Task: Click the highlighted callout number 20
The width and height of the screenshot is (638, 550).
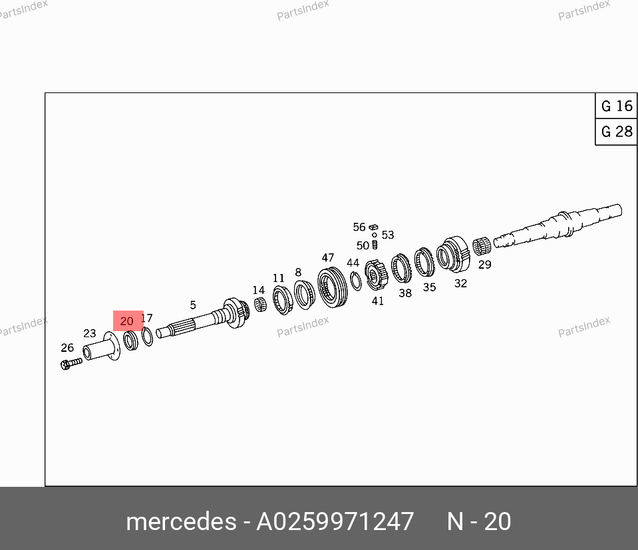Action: click(x=127, y=321)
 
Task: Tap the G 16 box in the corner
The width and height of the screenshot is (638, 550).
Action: click(x=616, y=106)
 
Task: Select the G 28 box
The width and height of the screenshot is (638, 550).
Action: click(x=616, y=132)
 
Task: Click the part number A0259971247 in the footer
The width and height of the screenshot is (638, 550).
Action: click(x=335, y=521)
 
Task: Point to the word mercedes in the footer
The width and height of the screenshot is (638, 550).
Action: click(x=181, y=521)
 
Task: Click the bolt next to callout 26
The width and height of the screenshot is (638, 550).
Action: click(x=71, y=363)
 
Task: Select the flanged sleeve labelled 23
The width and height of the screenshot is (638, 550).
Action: click(x=102, y=347)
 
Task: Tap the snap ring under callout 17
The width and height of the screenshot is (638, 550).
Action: click(x=147, y=337)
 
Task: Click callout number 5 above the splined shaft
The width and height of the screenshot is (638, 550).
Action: click(x=193, y=305)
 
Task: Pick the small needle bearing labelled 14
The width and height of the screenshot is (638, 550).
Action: click(x=260, y=305)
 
